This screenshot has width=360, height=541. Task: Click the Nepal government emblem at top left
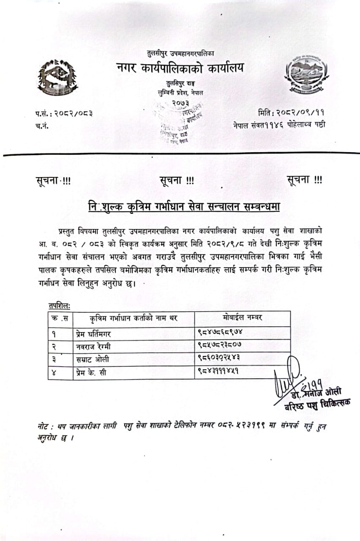57,77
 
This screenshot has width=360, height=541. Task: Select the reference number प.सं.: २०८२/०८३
64,113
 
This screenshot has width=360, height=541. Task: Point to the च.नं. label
42,126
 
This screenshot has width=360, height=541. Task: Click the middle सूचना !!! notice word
177,180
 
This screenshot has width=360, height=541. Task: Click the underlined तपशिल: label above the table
59,305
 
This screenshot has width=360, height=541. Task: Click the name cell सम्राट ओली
93,360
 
